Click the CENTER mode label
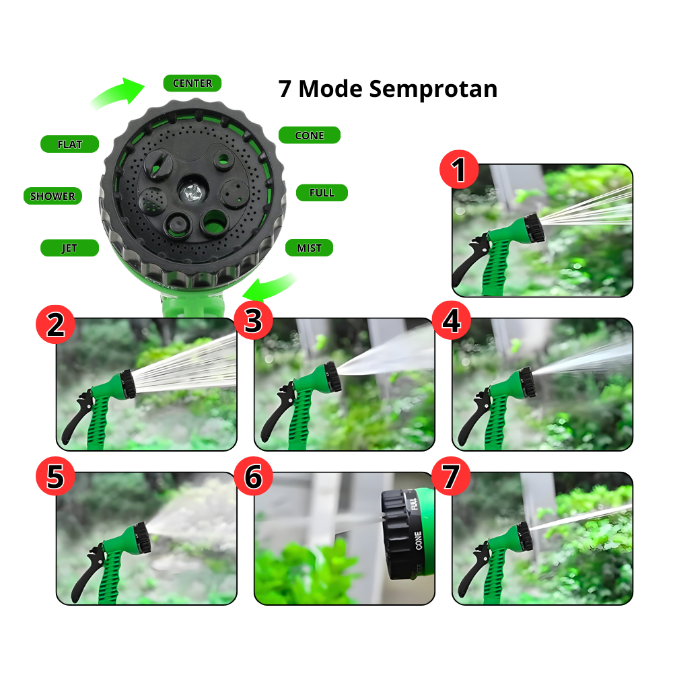click(192, 83)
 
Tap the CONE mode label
click(309, 135)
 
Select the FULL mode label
click(322, 193)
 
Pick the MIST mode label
click(309, 248)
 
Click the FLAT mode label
click(69, 144)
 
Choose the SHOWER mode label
click(52, 197)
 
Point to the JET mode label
click(69, 248)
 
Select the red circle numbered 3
click(253, 321)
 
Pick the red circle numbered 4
click(451, 321)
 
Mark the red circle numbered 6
click(253, 476)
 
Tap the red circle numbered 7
click(451, 476)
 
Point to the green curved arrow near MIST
click(269, 286)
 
